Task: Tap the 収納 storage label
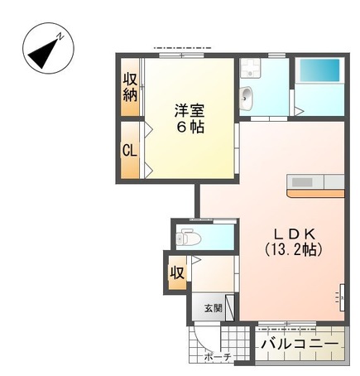130,86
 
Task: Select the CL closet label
129,151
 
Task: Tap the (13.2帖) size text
292,248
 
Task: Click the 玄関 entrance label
213,308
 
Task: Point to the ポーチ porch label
218,358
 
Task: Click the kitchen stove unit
301,182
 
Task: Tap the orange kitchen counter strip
315,193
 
